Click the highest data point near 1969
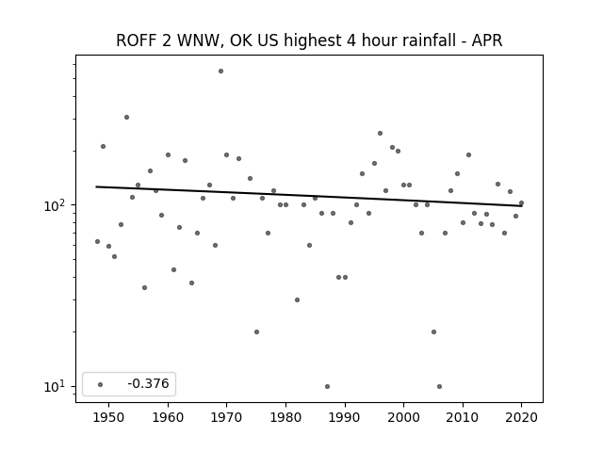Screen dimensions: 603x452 point(220,72)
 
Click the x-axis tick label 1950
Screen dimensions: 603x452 point(109,417)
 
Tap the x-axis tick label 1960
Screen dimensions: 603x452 point(168,417)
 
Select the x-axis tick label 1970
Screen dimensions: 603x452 point(227,417)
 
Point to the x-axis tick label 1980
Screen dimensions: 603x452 point(285,417)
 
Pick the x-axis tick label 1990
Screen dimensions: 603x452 point(345,417)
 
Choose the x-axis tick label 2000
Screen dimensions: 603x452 point(404,417)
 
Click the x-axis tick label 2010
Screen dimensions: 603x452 point(463,417)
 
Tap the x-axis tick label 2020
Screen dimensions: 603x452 point(521,417)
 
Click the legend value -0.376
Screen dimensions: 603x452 point(148,383)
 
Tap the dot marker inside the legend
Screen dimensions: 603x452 point(101,384)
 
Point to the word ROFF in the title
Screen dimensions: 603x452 point(138,40)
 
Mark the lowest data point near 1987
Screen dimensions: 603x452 point(327,386)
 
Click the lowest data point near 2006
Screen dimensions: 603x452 point(440,386)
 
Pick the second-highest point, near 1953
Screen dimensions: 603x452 point(126,117)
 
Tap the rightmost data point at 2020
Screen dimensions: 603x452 point(521,203)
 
